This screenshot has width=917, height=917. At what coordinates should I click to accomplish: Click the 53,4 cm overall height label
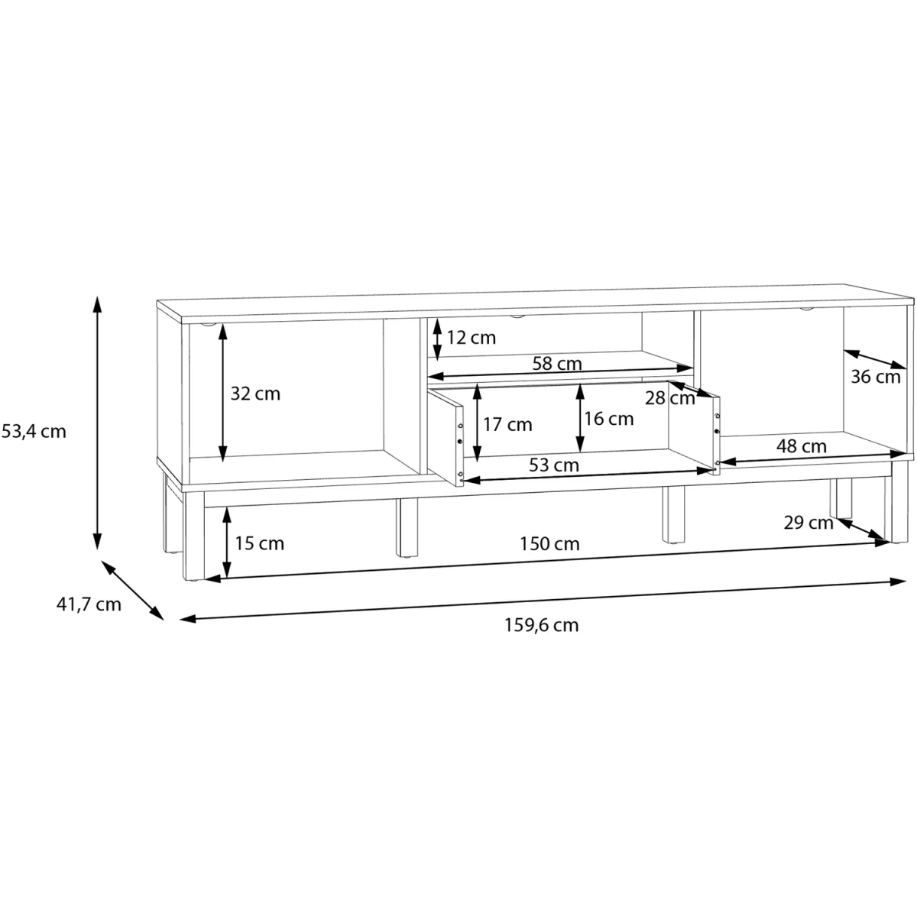[34, 432]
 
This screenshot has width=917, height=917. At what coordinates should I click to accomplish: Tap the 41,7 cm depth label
[89, 604]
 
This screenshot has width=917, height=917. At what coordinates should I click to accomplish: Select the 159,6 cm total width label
[542, 625]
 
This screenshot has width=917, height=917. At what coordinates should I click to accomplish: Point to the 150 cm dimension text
[549, 543]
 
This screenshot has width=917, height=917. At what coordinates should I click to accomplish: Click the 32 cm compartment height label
[255, 394]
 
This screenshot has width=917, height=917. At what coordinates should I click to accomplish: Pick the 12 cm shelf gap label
[471, 338]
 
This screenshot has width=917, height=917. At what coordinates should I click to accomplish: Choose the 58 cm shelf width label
[557, 364]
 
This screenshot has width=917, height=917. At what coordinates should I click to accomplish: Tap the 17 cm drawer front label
[507, 424]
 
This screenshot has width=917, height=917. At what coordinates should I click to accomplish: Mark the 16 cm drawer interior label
[609, 419]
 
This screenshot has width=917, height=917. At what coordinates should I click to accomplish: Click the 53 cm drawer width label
[554, 465]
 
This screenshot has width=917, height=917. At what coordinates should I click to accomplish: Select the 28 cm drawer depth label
[670, 398]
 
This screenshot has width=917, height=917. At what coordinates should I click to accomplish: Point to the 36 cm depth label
[876, 377]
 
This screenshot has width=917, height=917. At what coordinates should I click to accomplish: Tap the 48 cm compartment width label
[802, 446]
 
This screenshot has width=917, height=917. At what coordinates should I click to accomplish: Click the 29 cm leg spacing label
[808, 523]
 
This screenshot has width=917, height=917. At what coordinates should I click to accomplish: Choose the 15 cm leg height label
[259, 543]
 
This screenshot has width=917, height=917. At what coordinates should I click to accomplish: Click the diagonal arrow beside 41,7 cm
[133, 590]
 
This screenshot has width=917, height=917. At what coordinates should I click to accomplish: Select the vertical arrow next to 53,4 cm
[97, 423]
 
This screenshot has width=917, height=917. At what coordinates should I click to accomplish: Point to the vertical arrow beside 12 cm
[437, 340]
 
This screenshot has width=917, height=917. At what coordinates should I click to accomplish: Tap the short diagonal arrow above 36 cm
[875, 359]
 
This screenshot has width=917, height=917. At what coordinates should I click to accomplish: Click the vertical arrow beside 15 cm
[227, 542]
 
